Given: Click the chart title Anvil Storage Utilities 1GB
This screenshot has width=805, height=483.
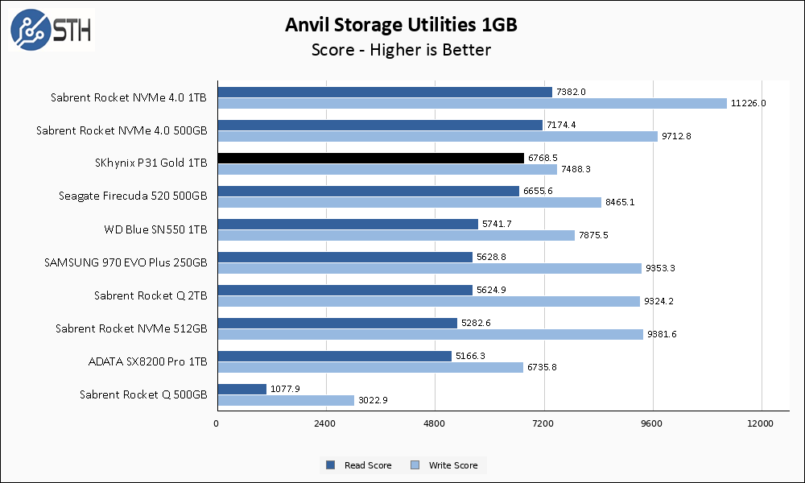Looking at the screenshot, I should click(401, 25).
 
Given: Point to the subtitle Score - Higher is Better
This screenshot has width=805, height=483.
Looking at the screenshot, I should click(401, 50).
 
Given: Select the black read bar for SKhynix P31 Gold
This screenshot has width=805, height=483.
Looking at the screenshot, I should click(370, 158).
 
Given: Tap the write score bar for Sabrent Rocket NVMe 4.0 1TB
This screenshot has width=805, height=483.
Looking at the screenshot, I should click(471, 103).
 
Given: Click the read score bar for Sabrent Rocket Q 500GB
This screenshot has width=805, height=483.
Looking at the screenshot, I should click(242, 389).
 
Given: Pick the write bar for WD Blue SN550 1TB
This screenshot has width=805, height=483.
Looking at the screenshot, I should click(395, 235).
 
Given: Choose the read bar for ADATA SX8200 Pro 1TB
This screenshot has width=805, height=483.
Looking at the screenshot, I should click(334, 356).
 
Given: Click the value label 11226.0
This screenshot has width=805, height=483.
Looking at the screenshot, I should click(748, 103).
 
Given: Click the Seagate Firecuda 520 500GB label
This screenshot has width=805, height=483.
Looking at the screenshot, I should click(133, 196).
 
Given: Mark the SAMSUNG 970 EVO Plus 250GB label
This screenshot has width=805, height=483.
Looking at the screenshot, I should click(128, 262).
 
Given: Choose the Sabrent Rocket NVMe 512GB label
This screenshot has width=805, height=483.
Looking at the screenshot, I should click(131, 328).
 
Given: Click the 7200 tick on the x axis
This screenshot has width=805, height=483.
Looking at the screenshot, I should click(543, 423).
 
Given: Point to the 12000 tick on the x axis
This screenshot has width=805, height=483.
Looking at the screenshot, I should click(761, 423).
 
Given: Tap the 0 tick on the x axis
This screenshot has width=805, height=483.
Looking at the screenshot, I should click(217, 423).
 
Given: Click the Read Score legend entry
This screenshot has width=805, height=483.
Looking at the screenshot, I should click(359, 465).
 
